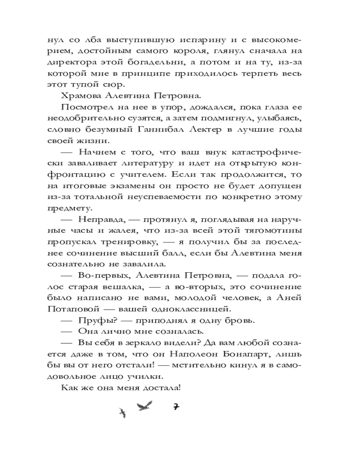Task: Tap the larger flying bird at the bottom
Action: click(144, 407)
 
